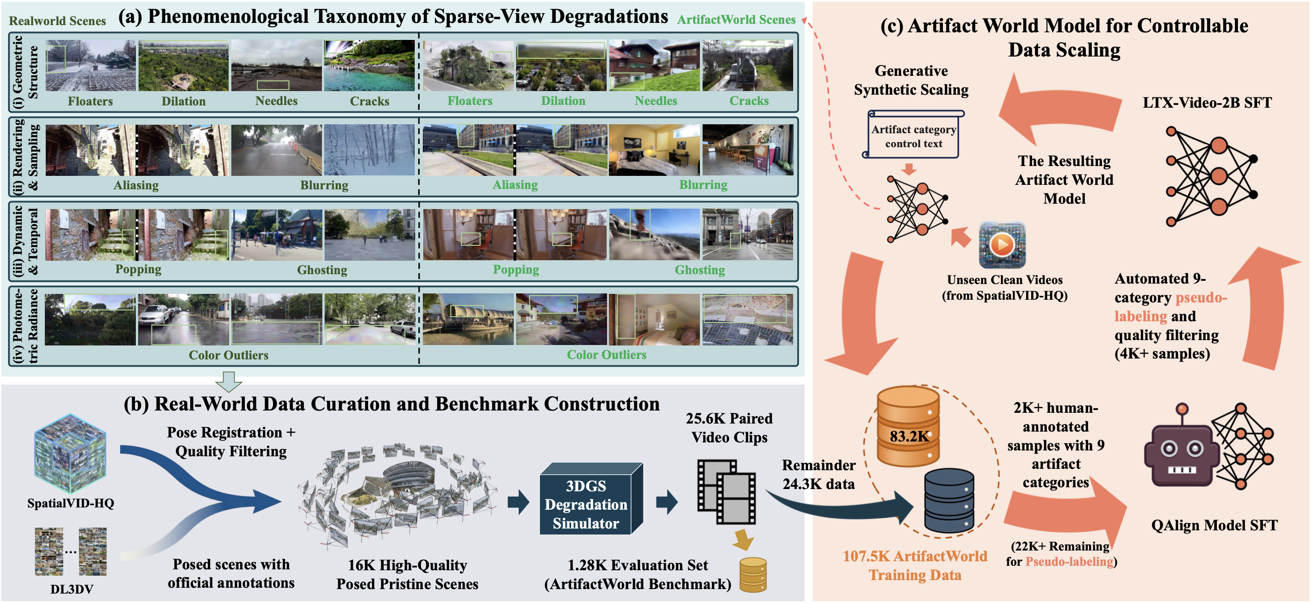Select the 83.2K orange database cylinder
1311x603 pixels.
[x=908, y=427]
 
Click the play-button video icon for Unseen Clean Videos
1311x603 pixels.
[x=1002, y=245]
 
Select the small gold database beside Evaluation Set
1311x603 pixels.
[x=753, y=574]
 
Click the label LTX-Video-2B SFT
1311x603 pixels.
[x=1207, y=102]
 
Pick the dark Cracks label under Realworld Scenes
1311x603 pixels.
[x=369, y=101]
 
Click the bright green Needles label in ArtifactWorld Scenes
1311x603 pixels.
[x=655, y=101]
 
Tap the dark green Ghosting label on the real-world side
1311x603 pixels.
[x=322, y=270]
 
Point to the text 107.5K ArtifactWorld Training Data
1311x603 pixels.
[x=915, y=565]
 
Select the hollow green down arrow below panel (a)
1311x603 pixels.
[x=229, y=381]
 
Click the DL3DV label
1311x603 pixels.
[x=71, y=589]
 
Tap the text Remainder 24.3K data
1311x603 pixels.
[x=818, y=474]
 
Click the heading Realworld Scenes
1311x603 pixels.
[x=57, y=21]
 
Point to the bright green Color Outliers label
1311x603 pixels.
[x=607, y=354]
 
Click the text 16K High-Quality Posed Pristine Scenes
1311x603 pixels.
[x=407, y=574]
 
